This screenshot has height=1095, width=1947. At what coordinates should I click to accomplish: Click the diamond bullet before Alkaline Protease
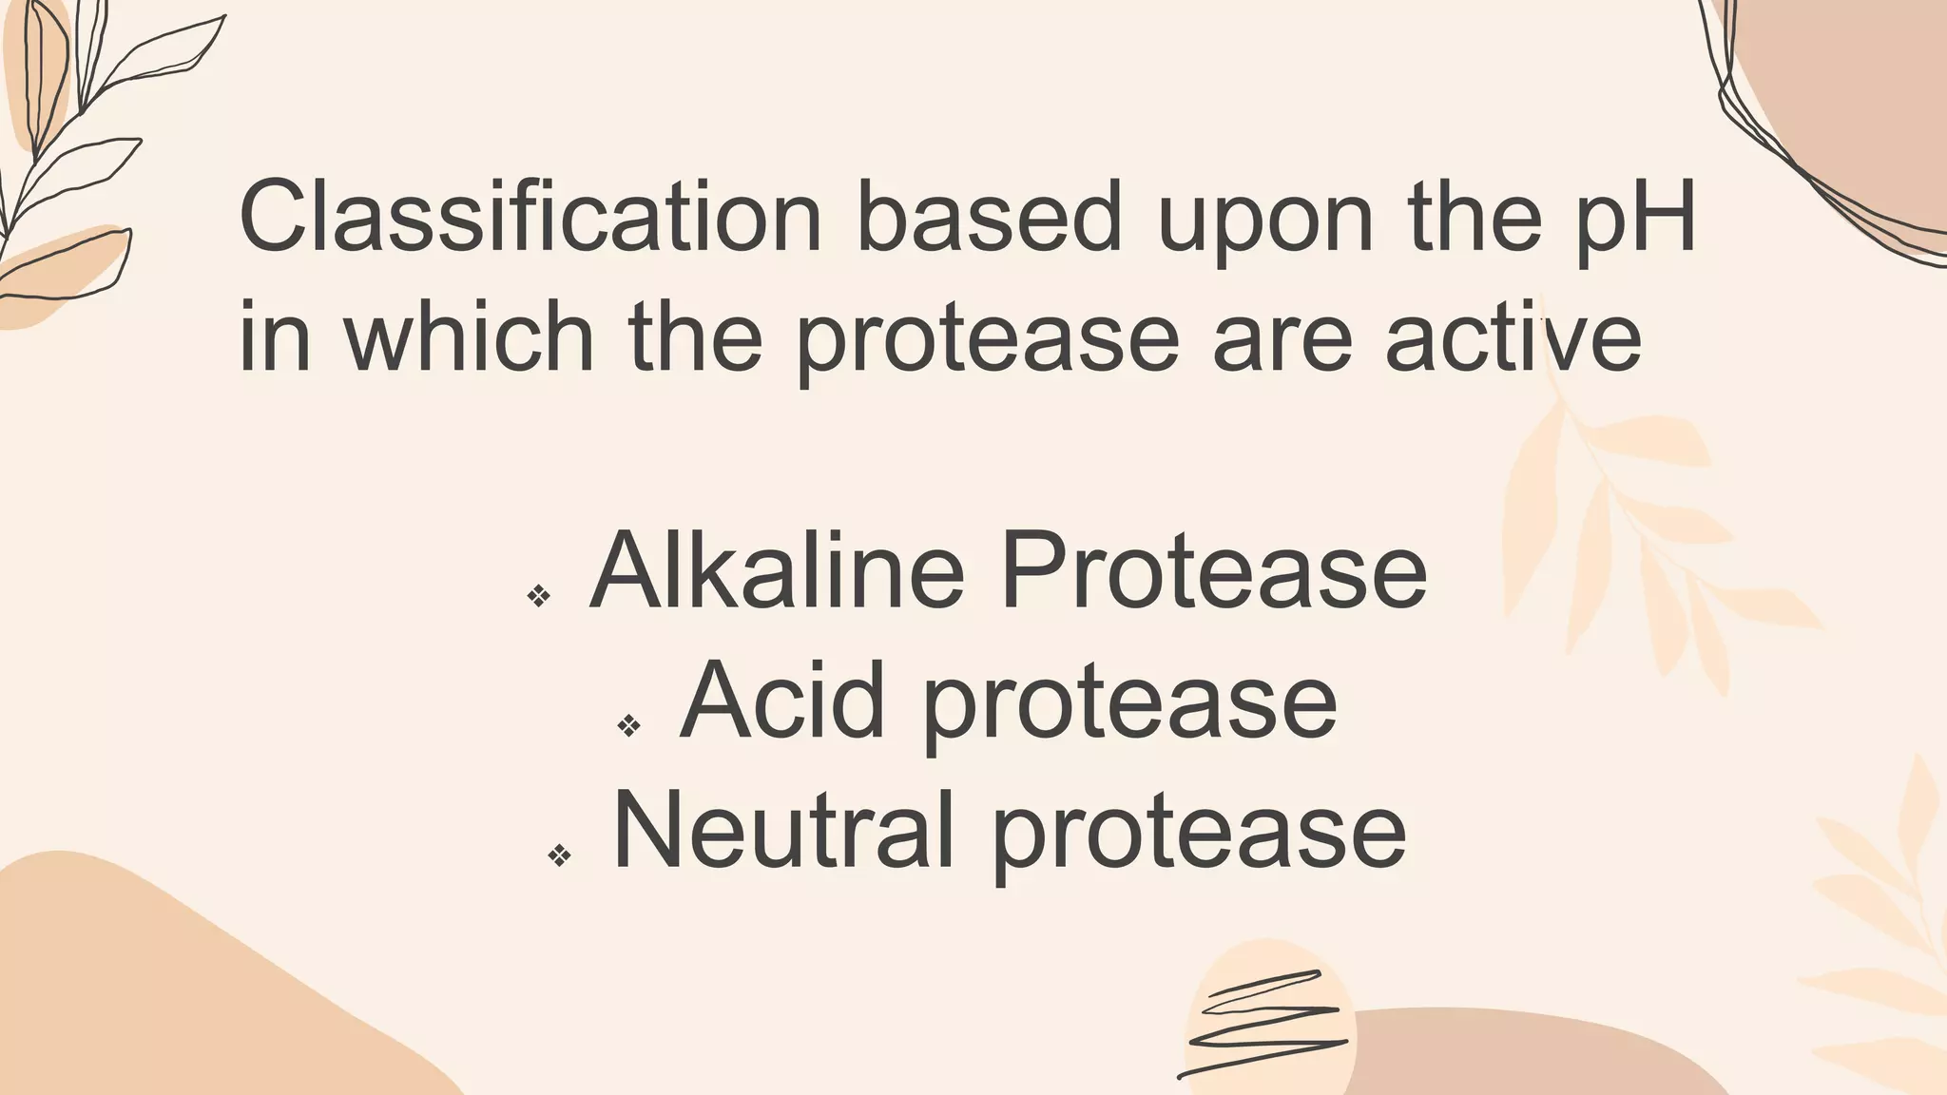539,596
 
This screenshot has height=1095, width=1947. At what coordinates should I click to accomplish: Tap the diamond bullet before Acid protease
629,726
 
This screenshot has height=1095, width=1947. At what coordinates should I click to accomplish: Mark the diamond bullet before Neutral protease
560,855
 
